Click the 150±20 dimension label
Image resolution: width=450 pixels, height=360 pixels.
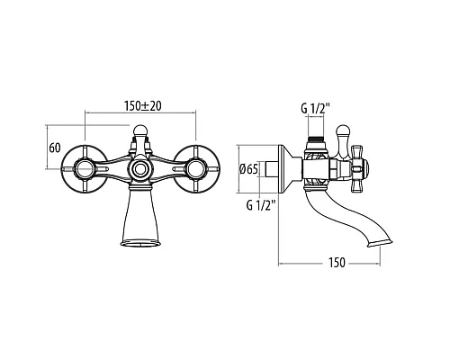pyautogui.click(x=142, y=106)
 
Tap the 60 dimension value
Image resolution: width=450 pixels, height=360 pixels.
pyautogui.click(x=55, y=148)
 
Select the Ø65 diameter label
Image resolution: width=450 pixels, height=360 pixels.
pyautogui.click(x=248, y=169)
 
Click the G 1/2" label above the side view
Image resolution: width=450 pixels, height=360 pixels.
pyautogui.click(x=315, y=108)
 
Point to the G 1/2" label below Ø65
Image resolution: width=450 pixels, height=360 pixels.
pyautogui.click(x=261, y=205)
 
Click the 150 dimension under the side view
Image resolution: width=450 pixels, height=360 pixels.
pyautogui.click(x=337, y=263)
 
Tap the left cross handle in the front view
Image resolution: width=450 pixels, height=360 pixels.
pyautogui.click(x=85, y=169)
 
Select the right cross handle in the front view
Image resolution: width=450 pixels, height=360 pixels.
pyautogui.click(x=196, y=169)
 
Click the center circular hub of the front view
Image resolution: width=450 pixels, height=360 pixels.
pyautogui.click(x=140, y=169)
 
